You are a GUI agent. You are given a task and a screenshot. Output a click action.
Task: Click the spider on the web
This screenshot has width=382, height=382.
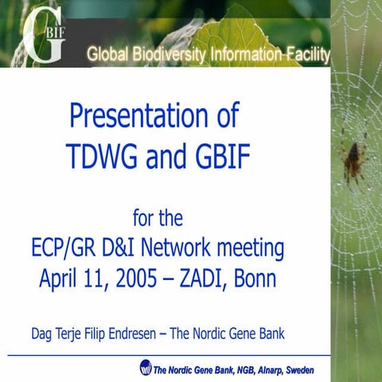click(353, 159)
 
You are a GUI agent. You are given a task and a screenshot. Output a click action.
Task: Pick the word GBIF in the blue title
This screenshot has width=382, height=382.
click(222, 158)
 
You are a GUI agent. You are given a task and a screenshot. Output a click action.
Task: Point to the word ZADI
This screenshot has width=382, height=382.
click(206, 279)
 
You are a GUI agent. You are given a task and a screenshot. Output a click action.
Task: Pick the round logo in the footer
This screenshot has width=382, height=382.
click(146, 368)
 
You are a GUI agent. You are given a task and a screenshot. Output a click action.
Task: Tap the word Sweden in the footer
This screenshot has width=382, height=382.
click(299, 370)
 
